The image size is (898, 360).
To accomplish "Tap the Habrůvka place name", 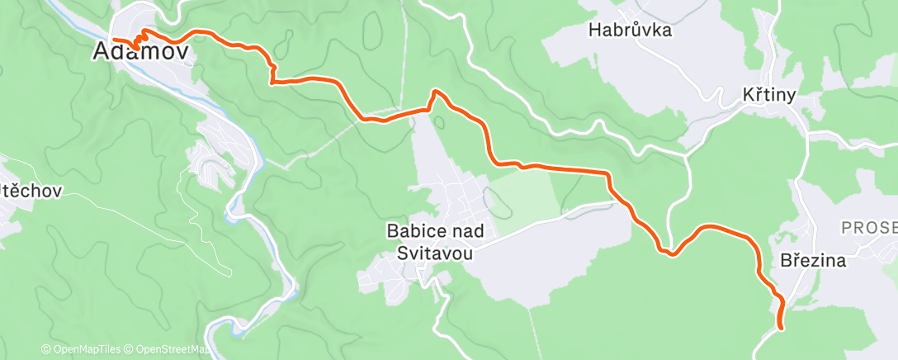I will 630,31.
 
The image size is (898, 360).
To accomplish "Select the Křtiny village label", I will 768,96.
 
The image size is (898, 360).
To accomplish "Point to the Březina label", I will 813,261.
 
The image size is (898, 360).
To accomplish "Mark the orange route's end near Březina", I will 780,328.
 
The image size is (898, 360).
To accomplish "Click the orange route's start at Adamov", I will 113,39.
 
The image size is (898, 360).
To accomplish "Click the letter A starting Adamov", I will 102,51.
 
